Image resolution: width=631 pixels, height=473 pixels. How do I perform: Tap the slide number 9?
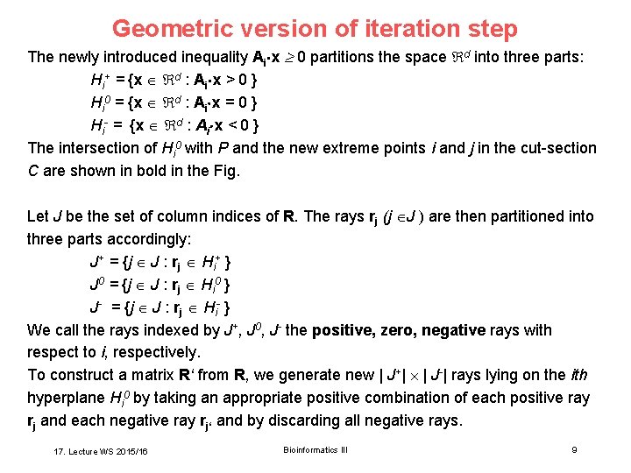[x=574, y=450]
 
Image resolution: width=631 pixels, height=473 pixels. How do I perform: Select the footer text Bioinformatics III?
[x=315, y=450]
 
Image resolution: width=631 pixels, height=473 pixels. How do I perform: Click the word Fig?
[x=225, y=171]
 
